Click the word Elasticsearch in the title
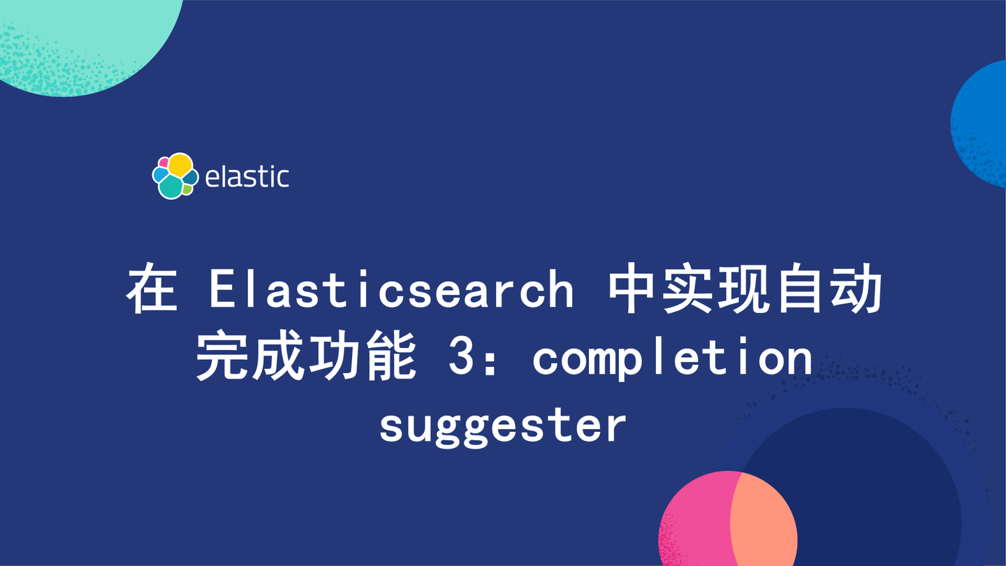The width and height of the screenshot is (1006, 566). pos(391,291)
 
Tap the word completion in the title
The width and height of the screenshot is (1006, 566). pos(672,358)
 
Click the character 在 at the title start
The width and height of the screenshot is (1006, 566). pos(151,291)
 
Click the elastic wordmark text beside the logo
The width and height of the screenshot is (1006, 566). pos(247,177)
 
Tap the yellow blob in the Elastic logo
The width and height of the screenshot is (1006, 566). pos(180,165)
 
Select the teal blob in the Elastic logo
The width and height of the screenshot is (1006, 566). pos(170,187)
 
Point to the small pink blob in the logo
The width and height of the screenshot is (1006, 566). pos(163,163)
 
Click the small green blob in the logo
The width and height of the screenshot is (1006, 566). pos(187,189)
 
